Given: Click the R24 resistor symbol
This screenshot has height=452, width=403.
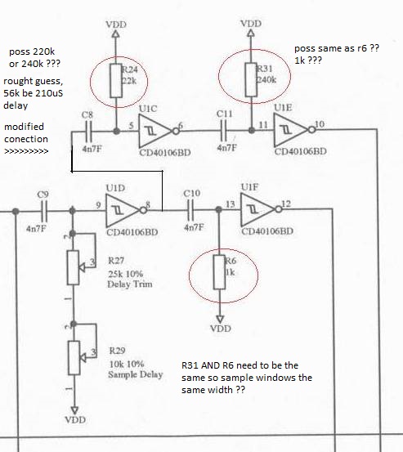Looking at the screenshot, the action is coord(116,81).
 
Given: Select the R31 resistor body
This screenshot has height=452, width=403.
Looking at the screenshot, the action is coord(251,79).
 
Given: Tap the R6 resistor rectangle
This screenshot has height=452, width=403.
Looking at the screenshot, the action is coord(219,272).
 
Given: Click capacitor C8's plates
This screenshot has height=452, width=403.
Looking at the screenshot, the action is coord(88,132).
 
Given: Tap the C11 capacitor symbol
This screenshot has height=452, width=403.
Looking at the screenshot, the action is coord(224,131).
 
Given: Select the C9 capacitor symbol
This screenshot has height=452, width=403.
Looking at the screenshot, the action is coord(44,212).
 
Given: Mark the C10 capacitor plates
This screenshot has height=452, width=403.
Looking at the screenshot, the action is coord(190,210).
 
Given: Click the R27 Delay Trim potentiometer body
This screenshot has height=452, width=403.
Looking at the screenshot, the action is coord(74,268).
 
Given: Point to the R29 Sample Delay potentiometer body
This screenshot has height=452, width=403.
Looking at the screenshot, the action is coord(74,358).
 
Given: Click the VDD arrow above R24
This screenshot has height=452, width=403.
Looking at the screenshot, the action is coord(115,34).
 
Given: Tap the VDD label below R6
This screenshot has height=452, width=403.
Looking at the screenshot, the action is coord(221,329).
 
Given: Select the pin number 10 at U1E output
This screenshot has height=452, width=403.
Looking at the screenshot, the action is coord(320,124).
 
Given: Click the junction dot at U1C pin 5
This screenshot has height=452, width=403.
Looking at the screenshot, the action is coord(116,131).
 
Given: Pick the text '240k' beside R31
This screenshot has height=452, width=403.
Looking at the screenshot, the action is coord(266,79).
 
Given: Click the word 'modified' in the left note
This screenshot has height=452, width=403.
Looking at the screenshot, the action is coord(25,127).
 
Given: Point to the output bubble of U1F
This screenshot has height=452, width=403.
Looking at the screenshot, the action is coord(279,209).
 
